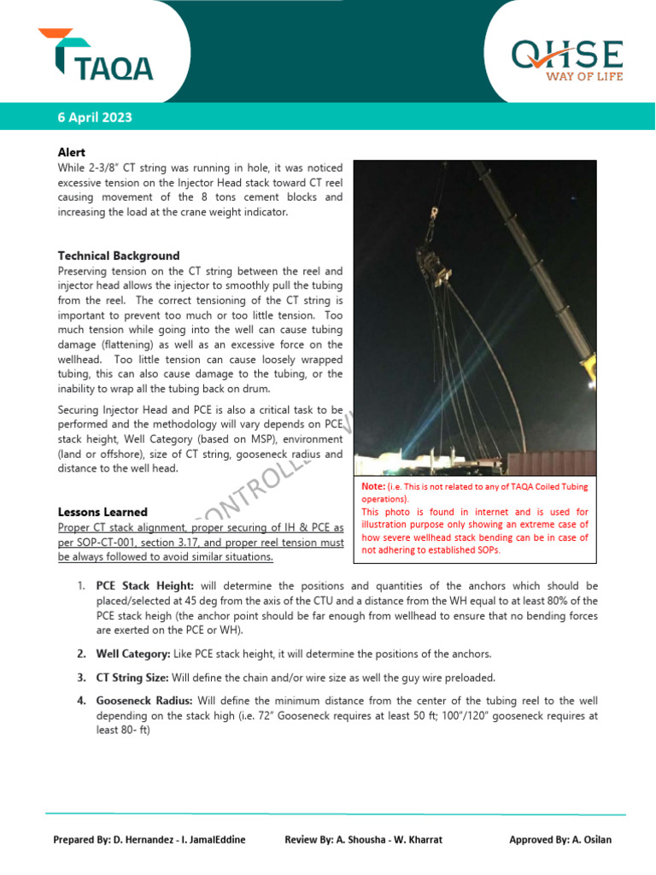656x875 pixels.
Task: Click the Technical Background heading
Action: [x=118, y=255]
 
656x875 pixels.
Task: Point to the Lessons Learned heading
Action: [x=102, y=512]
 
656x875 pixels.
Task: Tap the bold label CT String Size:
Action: [x=132, y=678]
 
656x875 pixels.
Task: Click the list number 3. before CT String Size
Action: [x=81, y=678]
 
